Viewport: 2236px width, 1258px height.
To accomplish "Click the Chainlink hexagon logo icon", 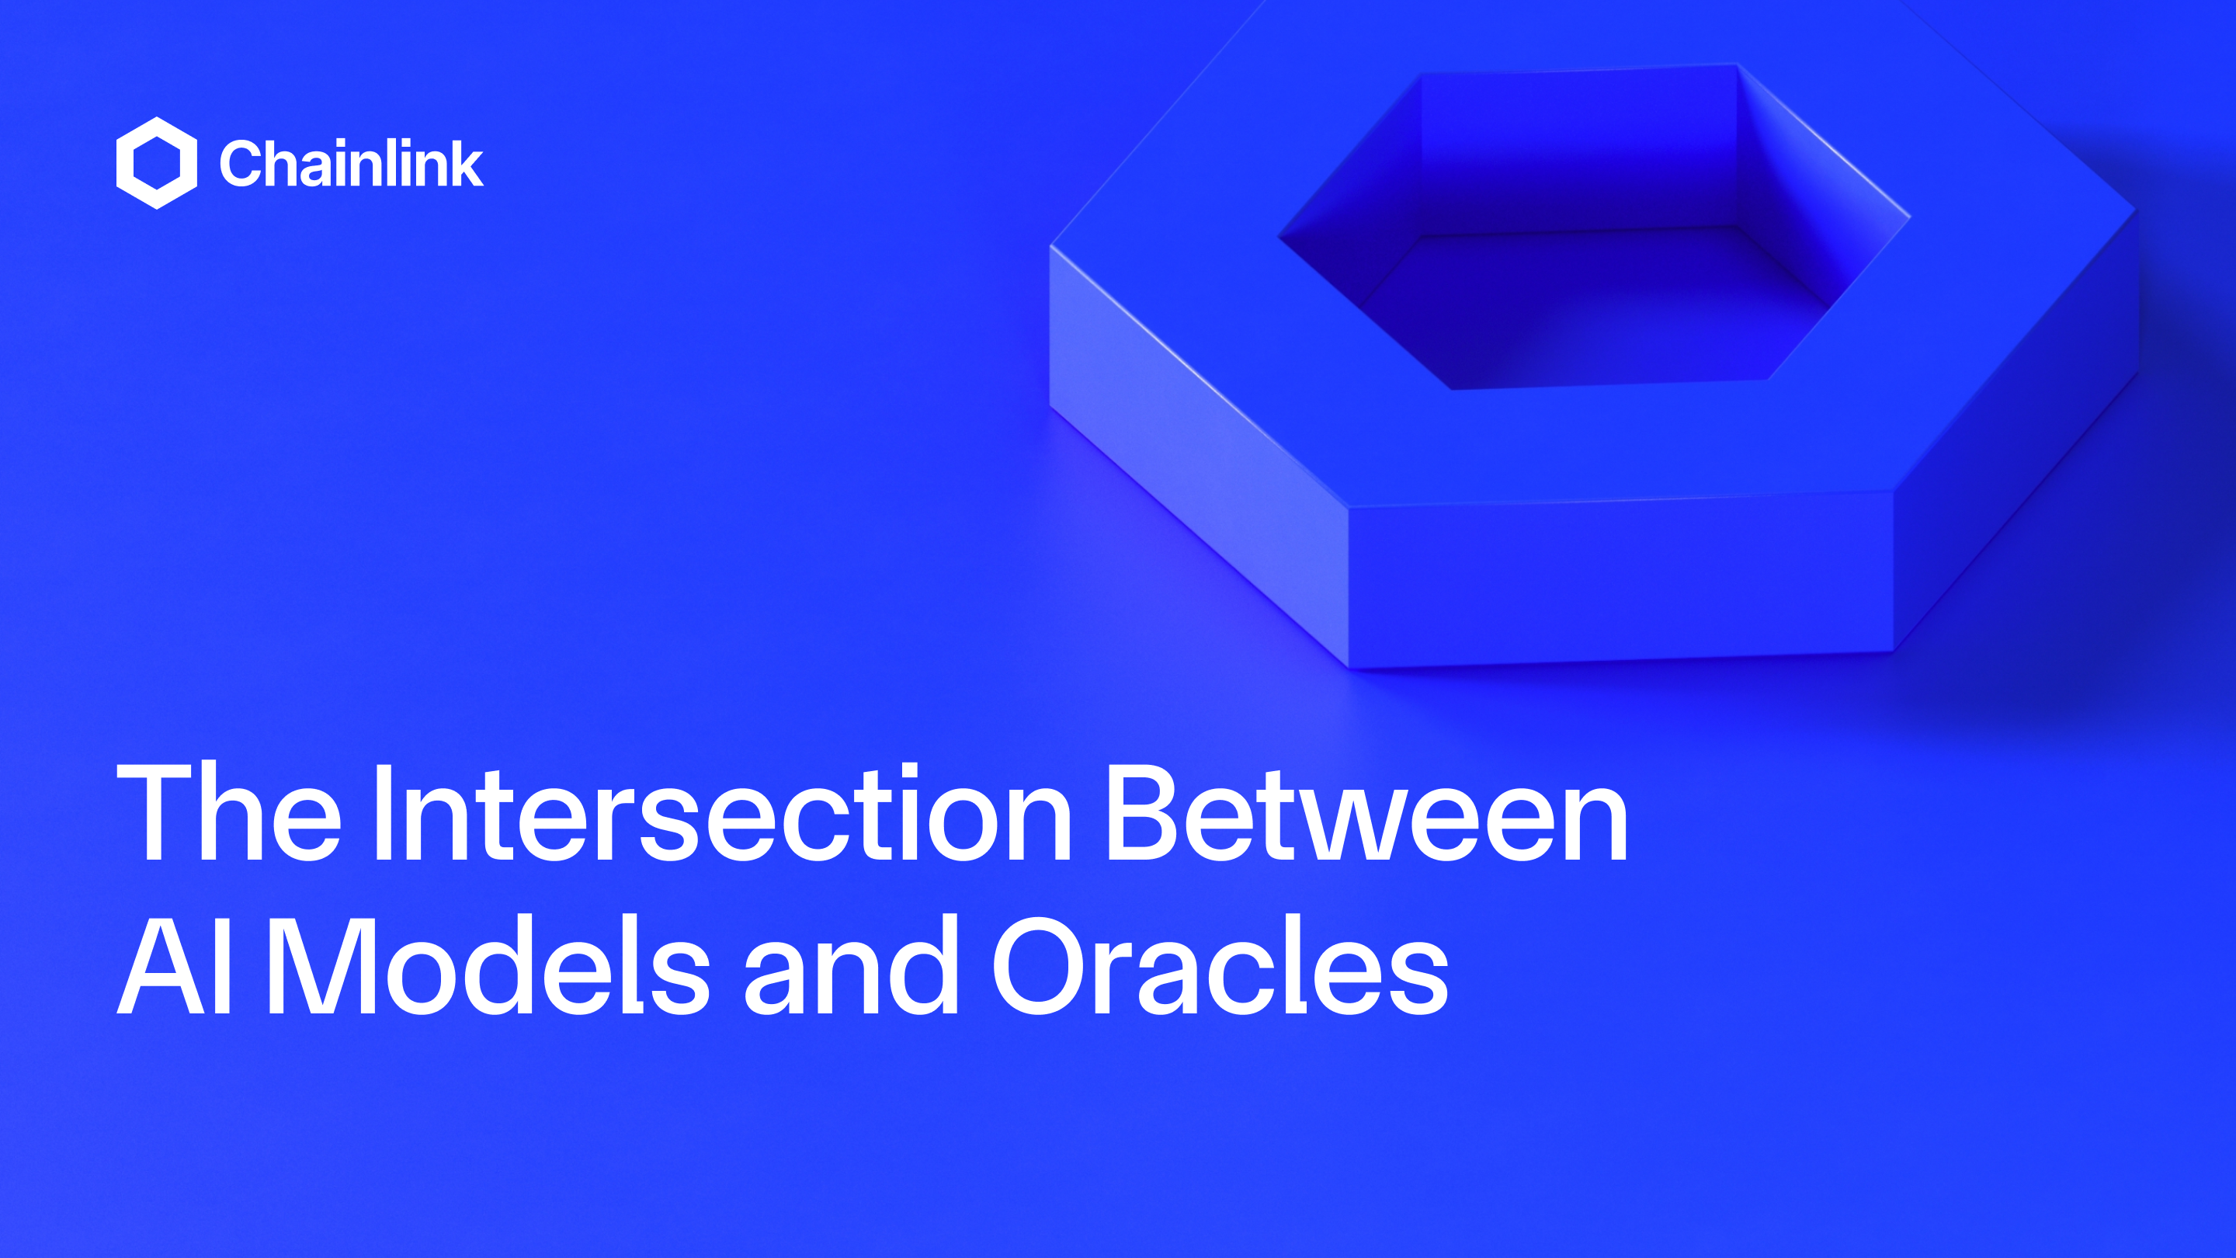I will pyautogui.click(x=156, y=163).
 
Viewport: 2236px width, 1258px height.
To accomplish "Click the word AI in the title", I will pyautogui.click(x=174, y=965).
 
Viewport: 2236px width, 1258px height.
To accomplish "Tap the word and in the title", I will pyautogui.click(x=851, y=965).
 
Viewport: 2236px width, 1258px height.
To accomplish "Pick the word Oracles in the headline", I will pyautogui.click(x=1220, y=965).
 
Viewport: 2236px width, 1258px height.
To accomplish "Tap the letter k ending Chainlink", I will pyautogui.click(x=465, y=163).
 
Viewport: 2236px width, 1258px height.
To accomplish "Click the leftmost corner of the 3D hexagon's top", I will pyautogui.click(x=1052, y=248).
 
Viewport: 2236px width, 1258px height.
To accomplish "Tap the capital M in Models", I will pyautogui.click(x=321, y=965).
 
